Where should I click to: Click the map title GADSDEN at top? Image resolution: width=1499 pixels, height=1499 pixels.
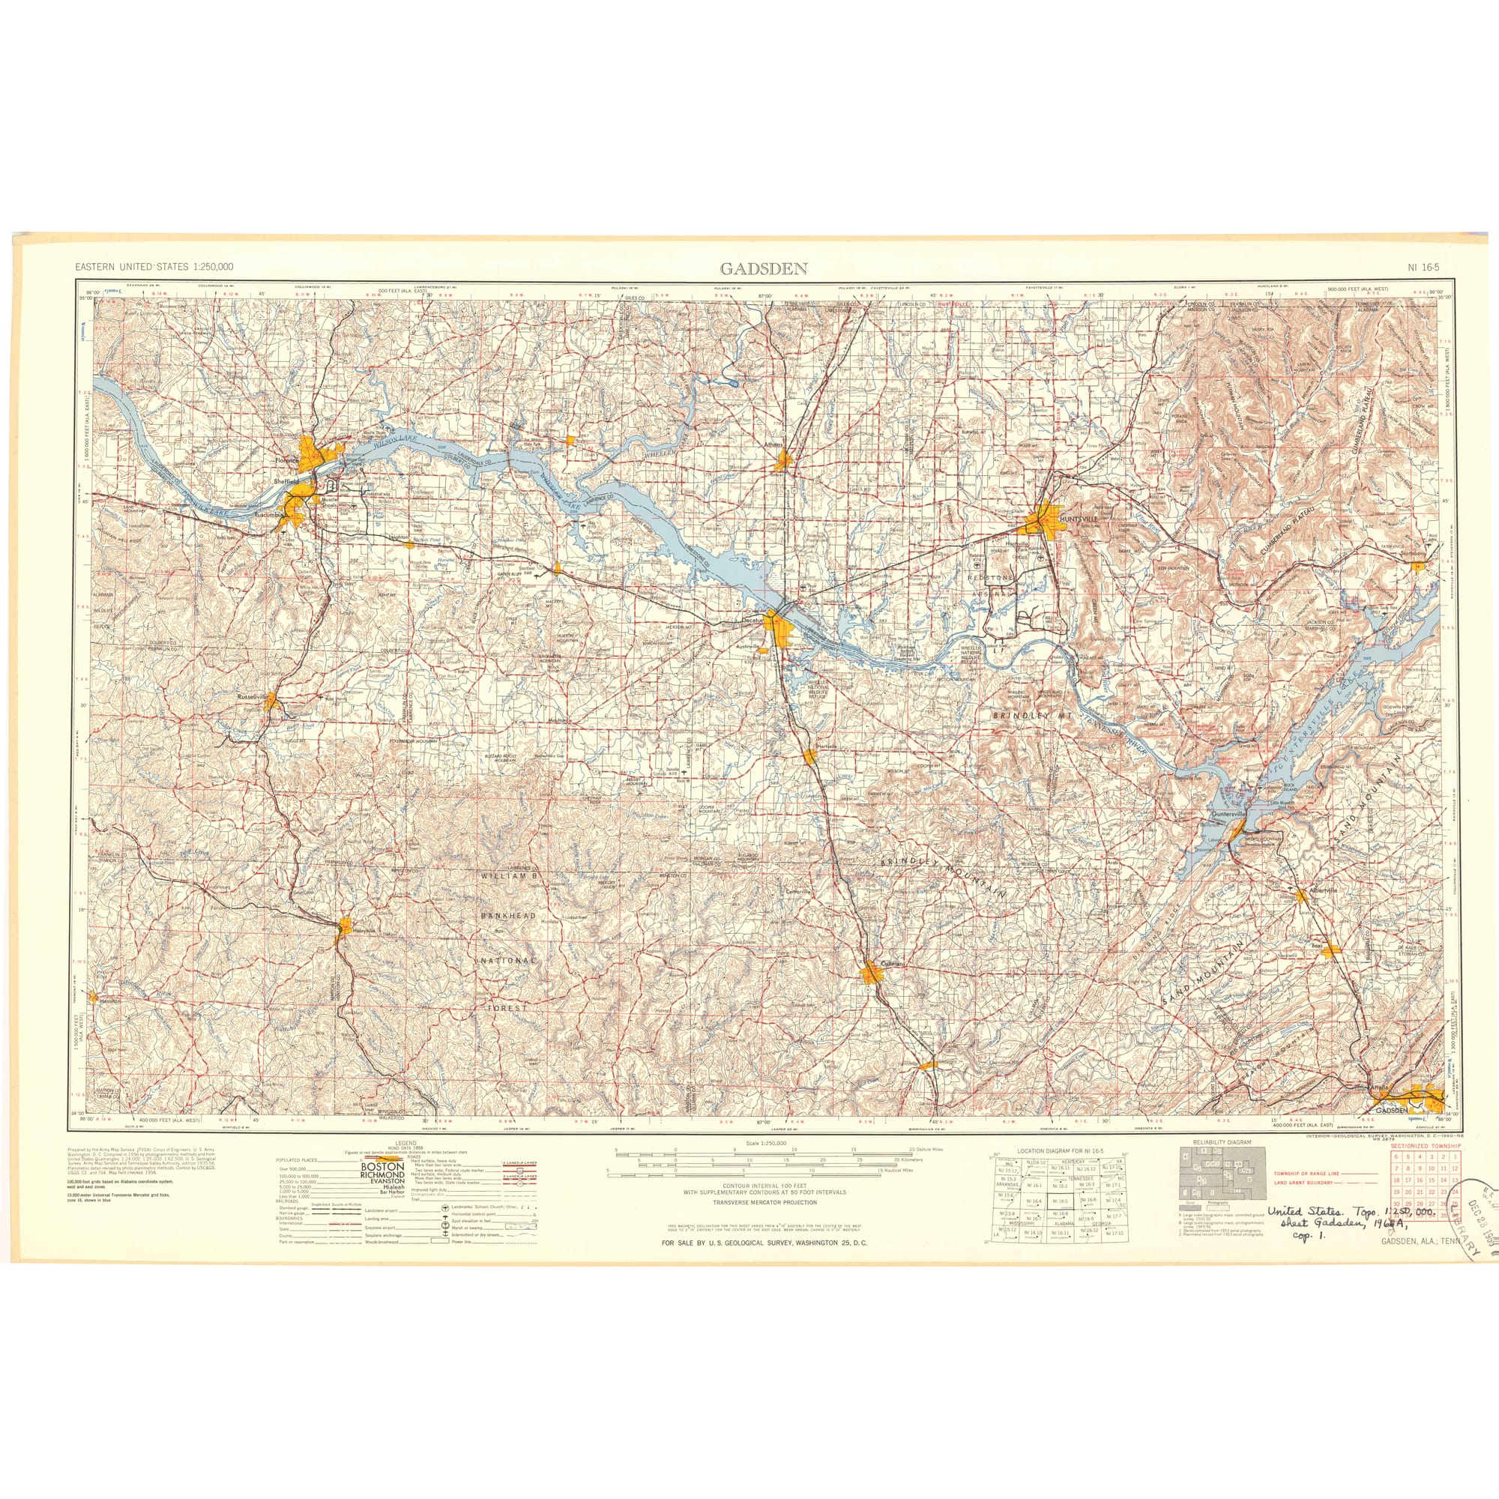click(x=764, y=269)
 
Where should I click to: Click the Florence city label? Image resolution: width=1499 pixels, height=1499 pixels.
click(x=288, y=461)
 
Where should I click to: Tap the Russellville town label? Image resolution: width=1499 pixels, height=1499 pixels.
click(x=252, y=698)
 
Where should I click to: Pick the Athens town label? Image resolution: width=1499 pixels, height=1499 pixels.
click(x=773, y=444)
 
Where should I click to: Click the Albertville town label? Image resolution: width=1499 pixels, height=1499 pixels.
click(x=1323, y=890)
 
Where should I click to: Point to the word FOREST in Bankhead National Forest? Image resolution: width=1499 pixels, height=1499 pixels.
click(x=507, y=1008)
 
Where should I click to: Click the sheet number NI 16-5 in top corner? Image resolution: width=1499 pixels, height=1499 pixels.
click(x=1423, y=268)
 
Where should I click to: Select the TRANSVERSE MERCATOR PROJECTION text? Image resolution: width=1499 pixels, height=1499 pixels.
click(x=764, y=1203)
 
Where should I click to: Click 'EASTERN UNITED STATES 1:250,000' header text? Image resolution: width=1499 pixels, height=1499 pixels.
click(x=154, y=267)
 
